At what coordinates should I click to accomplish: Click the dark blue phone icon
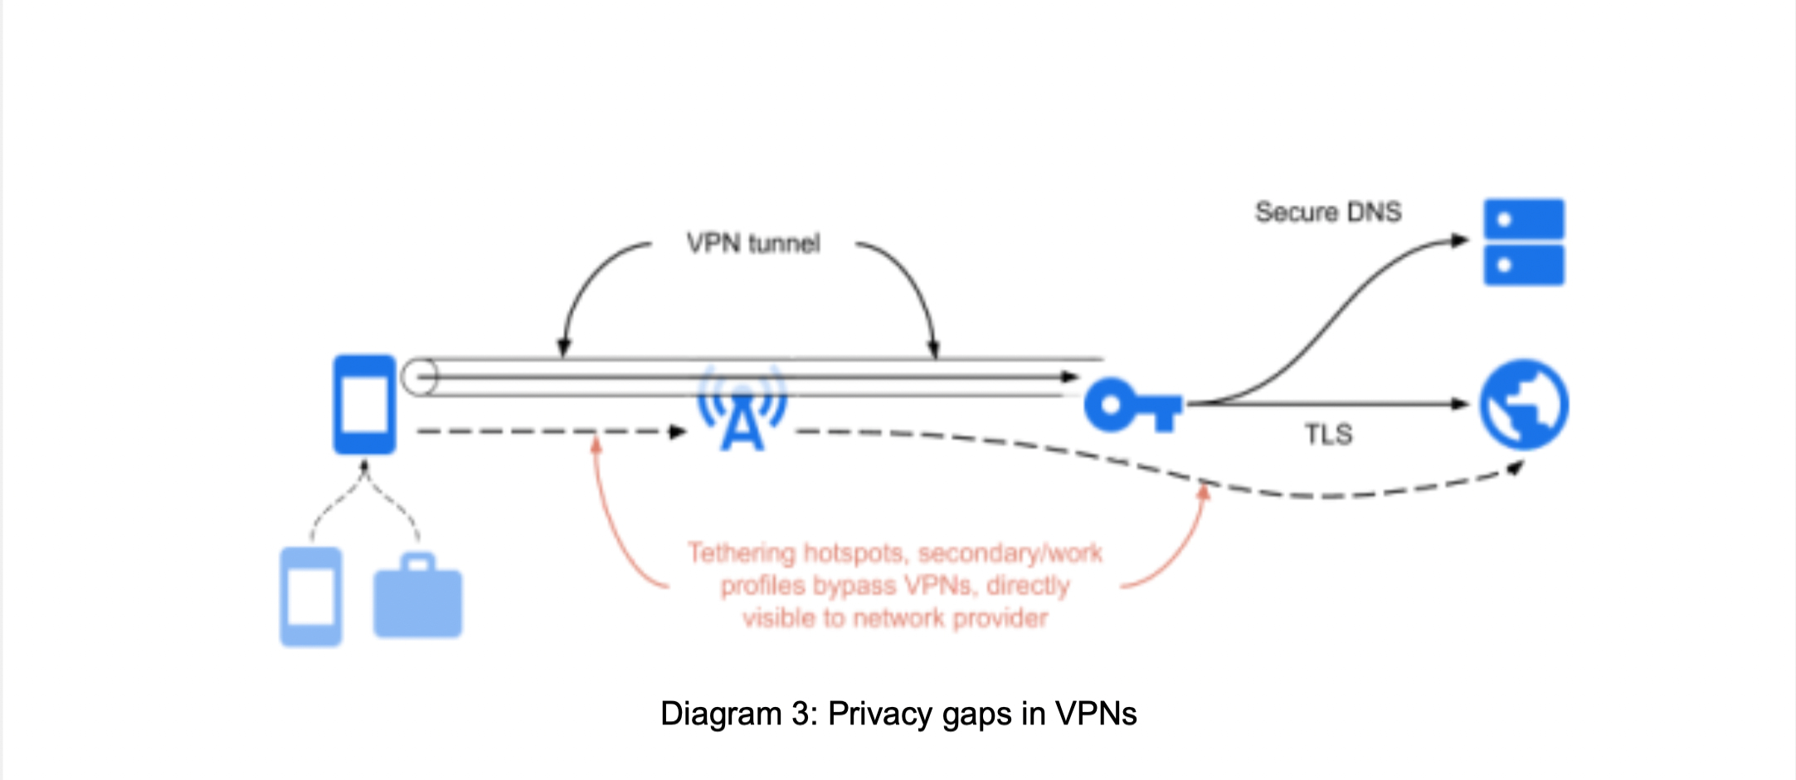pyautogui.click(x=364, y=404)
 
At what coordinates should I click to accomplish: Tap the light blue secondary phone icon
pyautogui.click(x=311, y=596)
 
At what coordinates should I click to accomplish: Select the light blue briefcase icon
pyautogui.click(x=417, y=597)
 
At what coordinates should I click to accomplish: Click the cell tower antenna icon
pyautogui.click(x=742, y=409)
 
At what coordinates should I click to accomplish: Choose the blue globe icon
pyautogui.click(x=1524, y=404)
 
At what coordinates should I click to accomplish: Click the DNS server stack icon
pyautogui.click(x=1524, y=241)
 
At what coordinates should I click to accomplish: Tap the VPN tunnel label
pyautogui.click(x=753, y=243)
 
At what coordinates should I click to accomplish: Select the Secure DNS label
pyautogui.click(x=1328, y=212)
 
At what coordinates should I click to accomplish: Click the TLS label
pyautogui.click(x=1328, y=434)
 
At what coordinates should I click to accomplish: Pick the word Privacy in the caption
pyautogui.click(x=881, y=714)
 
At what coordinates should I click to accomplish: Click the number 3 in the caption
pyautogui.click(x=801, y=714)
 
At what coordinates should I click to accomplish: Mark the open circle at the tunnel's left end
pyautogui.click(x=419, y=377)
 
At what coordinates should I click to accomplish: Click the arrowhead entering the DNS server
pyautogui.click(x=1459, y=241)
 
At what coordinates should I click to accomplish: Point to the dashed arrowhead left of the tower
pyautogui.click(x=678, y=431)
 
